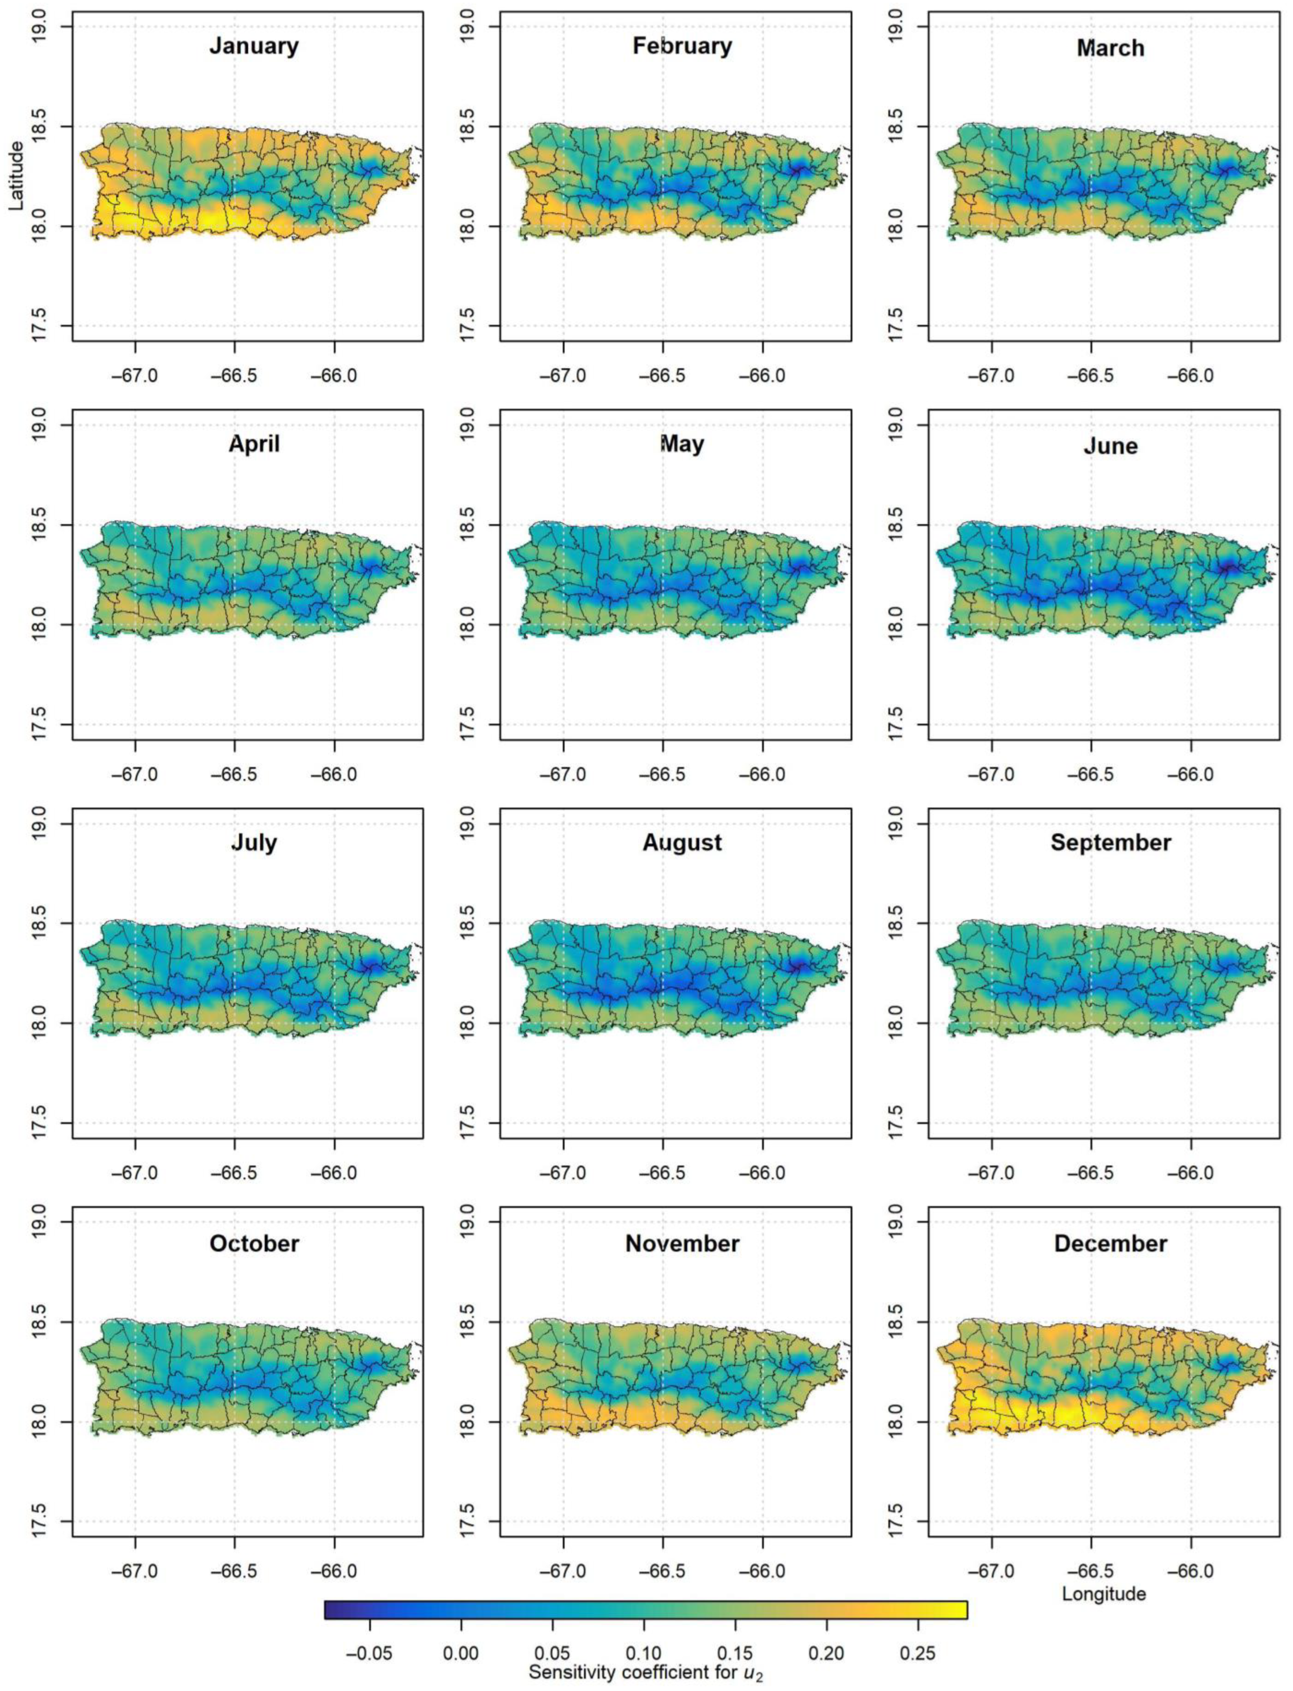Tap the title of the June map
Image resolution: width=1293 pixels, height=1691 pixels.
pyautogui.click(x=1110, y=446)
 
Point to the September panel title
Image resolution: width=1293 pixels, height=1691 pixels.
pyautogui.click(x=1110, y=843)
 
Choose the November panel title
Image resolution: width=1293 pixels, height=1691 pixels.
pyautogui.click(x=682, y=1244)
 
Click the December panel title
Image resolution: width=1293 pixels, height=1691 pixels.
pyautogui.click(x=1110, y=1244)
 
